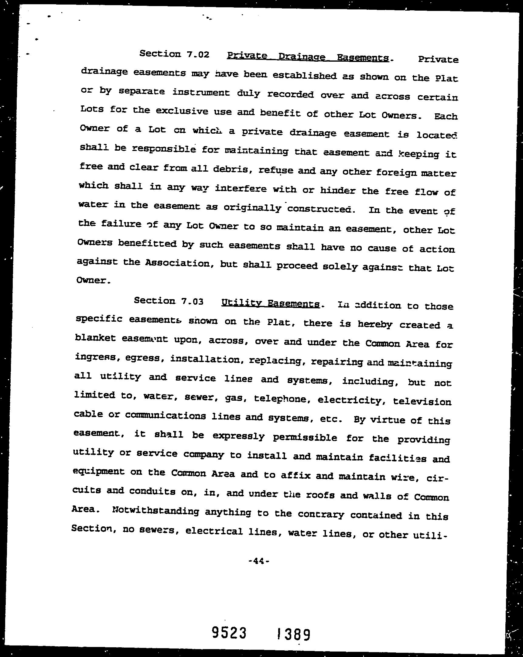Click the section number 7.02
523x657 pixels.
[198, 55]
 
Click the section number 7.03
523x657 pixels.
[192, 301]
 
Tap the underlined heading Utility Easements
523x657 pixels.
[270, 303]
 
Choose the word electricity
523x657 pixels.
[350, 400]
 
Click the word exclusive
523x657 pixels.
[178, 111]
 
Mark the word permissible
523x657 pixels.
[305, 438]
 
